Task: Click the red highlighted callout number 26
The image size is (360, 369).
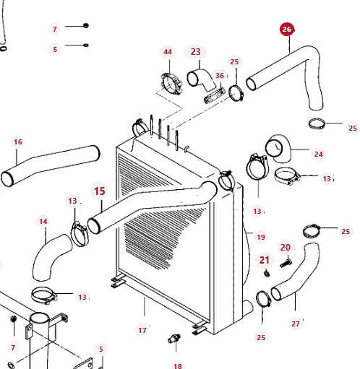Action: (x=287, y=30)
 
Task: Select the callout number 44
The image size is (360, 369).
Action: (x=168, y=52)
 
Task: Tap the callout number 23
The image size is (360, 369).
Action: (x=195, y=52)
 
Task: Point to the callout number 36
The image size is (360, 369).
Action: (x=220, y=76)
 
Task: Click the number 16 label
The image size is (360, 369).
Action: (x=18, y=142)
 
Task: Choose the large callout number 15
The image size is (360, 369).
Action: (x=100, y=191)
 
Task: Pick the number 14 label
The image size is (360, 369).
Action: (x=43, y=222)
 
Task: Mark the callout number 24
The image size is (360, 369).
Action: (x=319, y=154)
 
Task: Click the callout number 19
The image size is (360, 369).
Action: (x=261, y=238)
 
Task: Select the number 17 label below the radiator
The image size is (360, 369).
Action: (x=142, y=331)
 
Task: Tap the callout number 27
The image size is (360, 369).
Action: (x=296, y=324)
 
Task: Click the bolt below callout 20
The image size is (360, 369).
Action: (x=286, y=263)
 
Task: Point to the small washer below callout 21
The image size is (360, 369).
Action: (x=267, y=274)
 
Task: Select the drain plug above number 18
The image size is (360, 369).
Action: (x=174, y=338)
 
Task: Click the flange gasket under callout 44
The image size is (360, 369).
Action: (x=171, y=84)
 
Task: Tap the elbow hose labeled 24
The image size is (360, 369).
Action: (x=278, y=148)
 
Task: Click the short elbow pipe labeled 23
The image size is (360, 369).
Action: (x=202, y=80)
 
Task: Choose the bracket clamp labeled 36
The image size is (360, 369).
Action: (x=215, y=95)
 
